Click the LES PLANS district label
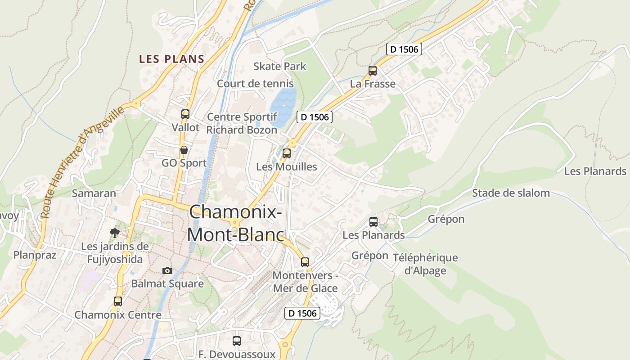click(171, 59)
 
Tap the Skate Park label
click(279, 67)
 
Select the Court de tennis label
click(255, 84)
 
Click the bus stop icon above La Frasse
click(373, 70)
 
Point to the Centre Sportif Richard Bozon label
click(242, 123)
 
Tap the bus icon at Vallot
click(185, 114)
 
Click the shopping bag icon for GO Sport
click(184, 149)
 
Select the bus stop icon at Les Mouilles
click(287, 153)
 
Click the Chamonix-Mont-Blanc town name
click(236, 223)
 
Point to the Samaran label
click(94, 193)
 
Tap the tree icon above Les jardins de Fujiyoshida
click(115, 233)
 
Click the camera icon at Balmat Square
click(167, 270)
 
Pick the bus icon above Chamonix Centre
click(118, 301)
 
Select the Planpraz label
click(35, 255)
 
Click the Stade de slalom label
click(511, 193)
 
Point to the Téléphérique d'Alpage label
click(425, 264)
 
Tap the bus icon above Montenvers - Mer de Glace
click(305, 262)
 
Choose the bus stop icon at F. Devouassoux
click(237, 341)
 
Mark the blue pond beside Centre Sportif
click(283, 107)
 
